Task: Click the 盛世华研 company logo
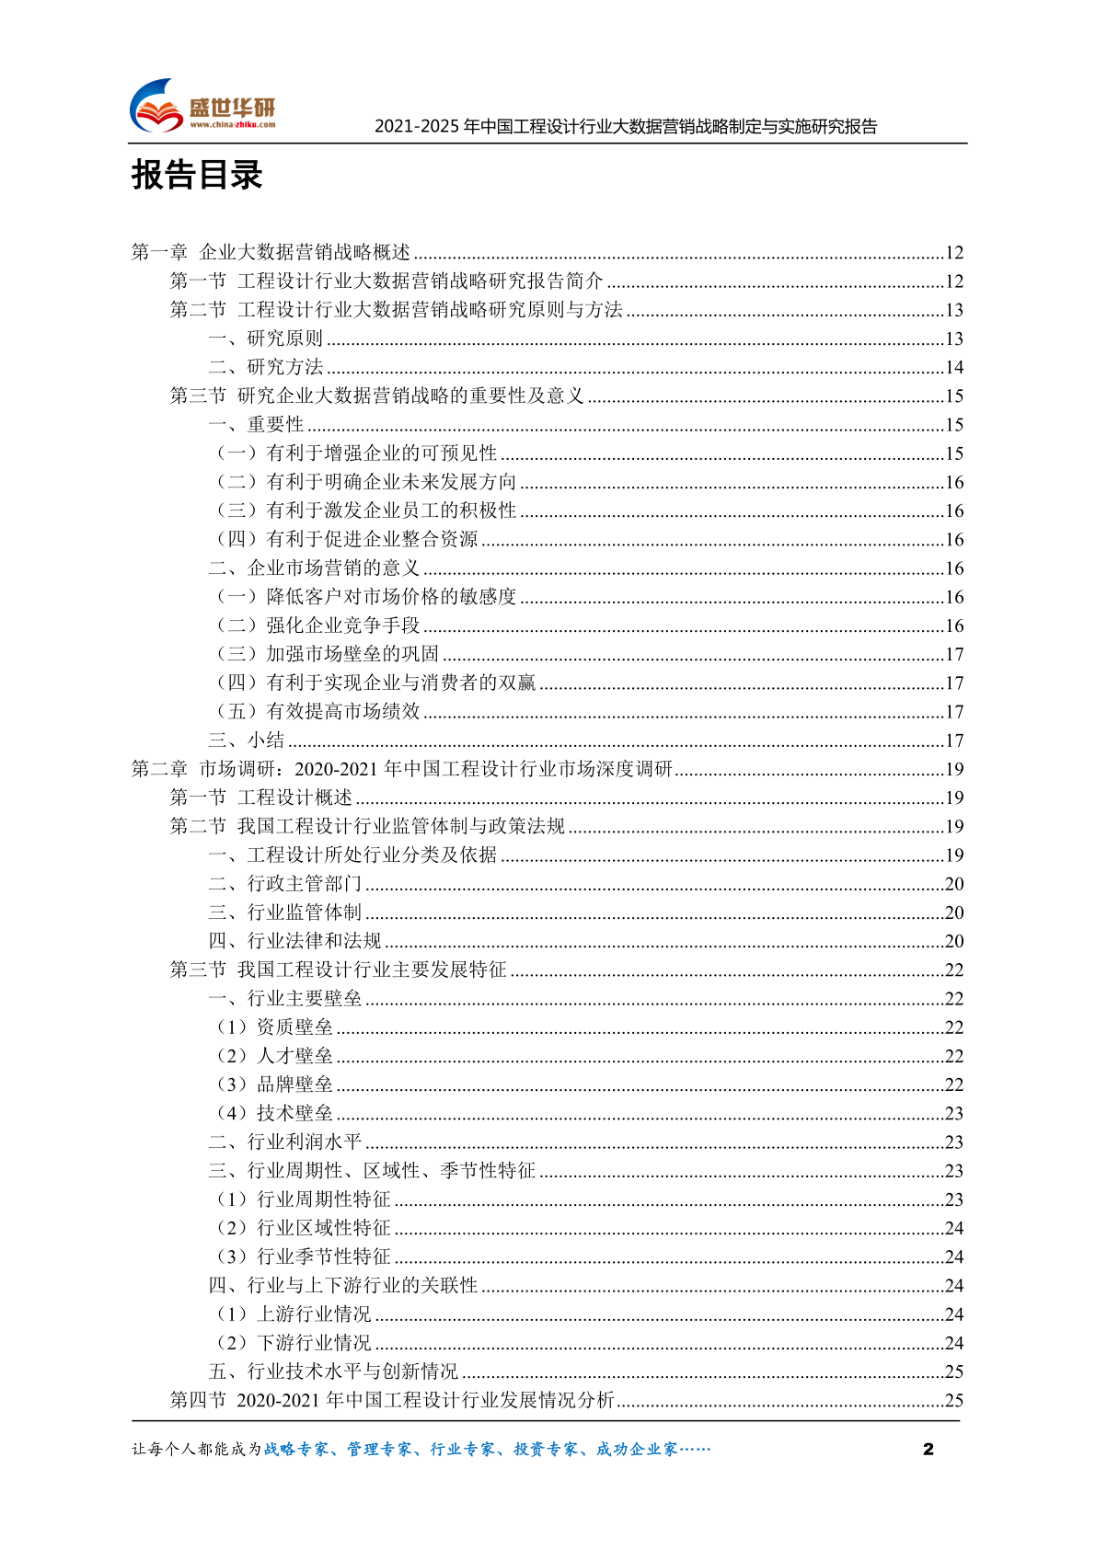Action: pyautogui.click(x=202, y=107)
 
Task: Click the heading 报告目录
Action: pyautogui.click(x=197, y=175)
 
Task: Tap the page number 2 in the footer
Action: pyautogui.click(x=928, y=1449)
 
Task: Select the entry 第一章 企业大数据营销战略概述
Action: pyautogui.click(x=271, y=252)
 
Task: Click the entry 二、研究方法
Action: pyautogui.click(x=266, y=367)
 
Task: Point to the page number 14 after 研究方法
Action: pyautogui.click(x=954, y=368)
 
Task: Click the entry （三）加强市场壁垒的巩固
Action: pyautogui.click(x=327, y=654)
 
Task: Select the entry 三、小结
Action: pyautogui.click(x=247, y=740)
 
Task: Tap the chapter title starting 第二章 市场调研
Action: pyautogui.click(x=402, y=769)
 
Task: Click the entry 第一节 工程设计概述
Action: pyautogui.click(x=261, y=797)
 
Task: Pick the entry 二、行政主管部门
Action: pyautogui.click(x=285, y=884)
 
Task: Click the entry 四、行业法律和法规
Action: pyautogui.click(x=294, y=941)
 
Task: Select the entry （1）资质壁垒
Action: pyautogui.click(x=273, y=1027)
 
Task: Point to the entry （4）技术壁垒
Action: pyautogui.click(x=273, y=1113)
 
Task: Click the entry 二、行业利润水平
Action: pyautogui.click(x=285, y=1142)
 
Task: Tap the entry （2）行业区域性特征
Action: pyautogui.click(x=303, y=1228)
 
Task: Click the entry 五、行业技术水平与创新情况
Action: pyautogui.click(x=333, y=1371)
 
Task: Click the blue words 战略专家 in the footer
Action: pyautogui.click(x=296, y=1450)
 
